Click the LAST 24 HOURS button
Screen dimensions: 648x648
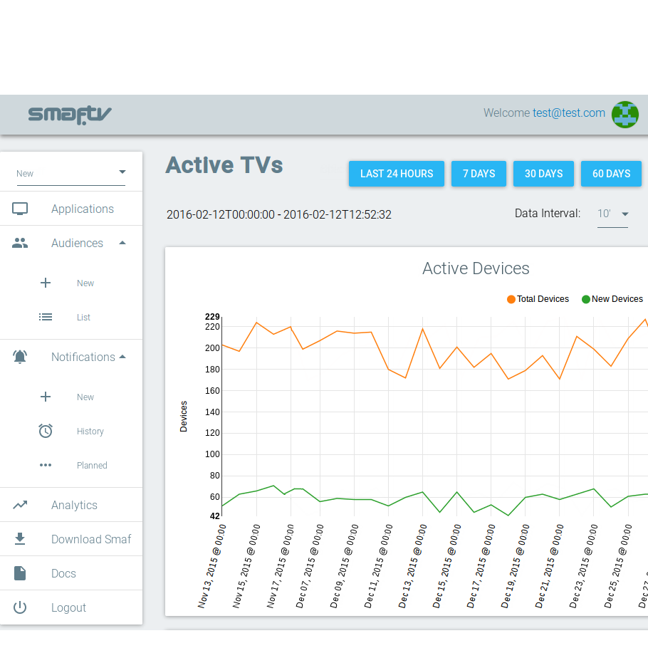(x=396, y=174)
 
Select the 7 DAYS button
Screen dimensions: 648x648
(x=479, y=174)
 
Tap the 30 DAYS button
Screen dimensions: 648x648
(x=543, y=174)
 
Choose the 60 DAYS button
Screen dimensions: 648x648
(x=611, y=174)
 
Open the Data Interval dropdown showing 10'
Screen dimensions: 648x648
(x=612, y=214)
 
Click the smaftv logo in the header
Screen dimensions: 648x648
(x=70, y=114)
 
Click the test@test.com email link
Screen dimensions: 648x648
(x=569, y=113)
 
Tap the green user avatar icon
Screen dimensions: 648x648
(x=625, y=114)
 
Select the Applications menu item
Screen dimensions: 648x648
(x=82, y=209)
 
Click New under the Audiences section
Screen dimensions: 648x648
(x=85, y=283)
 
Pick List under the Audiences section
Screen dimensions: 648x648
(x=83, y=318)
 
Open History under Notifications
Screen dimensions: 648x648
(x=90, y=432)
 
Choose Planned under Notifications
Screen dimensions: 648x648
(x=92, y=466)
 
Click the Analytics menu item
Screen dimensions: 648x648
(x=74, y=505)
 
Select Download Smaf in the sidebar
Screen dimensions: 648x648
(x=91, y=539)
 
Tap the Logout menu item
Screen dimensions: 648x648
(x=68, y=607)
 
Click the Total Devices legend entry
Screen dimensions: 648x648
(x=538, y=299)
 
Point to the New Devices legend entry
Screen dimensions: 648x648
(x=612, y=299)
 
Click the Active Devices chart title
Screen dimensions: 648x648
(x=476, y=268)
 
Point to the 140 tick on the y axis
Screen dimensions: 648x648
(x=213, y=412)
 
